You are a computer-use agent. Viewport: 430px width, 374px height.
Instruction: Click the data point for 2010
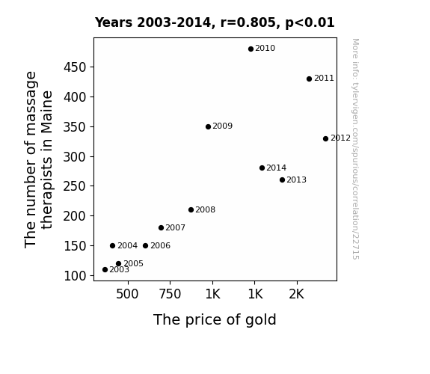251,49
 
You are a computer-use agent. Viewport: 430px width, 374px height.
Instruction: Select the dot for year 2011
309,79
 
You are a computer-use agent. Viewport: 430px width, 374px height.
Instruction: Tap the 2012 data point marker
325,138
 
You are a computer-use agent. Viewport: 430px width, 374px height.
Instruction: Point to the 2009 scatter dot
208,126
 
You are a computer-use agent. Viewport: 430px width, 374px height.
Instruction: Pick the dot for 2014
262,168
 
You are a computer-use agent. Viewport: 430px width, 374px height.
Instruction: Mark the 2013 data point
282,180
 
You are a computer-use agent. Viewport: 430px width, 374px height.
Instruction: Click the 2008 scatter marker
191,209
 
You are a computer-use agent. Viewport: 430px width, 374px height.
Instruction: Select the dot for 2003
105,269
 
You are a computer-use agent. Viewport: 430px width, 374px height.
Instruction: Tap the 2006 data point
145,245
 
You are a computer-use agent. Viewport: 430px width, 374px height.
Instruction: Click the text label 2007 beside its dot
175,227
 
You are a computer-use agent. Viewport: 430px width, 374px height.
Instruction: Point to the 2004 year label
128,245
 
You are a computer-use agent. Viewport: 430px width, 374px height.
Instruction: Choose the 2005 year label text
133,263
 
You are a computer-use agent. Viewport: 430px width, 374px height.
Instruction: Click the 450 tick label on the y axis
75,67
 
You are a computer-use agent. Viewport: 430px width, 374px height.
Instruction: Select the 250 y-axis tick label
75,186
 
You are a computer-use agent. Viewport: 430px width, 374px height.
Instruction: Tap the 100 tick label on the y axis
75,276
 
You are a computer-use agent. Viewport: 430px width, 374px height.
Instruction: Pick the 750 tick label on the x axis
170,294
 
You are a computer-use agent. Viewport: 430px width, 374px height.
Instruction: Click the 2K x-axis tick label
296,294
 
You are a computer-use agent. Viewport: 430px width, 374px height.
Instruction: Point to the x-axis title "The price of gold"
215,319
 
